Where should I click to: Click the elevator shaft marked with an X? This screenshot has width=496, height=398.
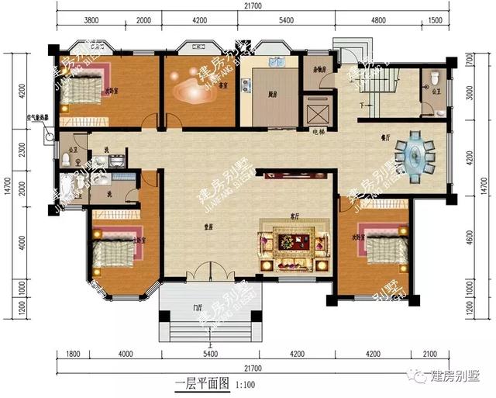point(316,112)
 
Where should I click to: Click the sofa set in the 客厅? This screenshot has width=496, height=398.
point(294,242)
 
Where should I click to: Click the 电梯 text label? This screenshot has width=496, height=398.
point(318,132)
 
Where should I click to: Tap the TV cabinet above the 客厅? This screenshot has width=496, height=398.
point(294,175)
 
